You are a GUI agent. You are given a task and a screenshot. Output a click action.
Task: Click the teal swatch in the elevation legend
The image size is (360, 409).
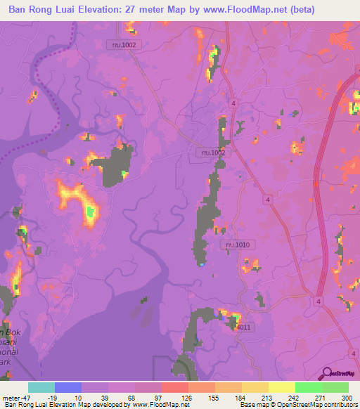(41, 387)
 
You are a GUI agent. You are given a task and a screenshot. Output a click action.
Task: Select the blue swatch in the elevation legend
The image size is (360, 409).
(68, 387)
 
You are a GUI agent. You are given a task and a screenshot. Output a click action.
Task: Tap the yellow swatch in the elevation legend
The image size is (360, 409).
(281, 387)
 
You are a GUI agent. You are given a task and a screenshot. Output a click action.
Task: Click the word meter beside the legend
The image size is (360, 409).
(12, 397)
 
